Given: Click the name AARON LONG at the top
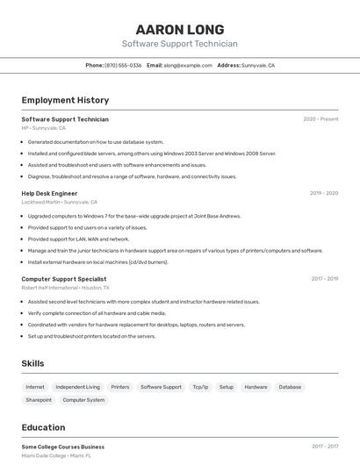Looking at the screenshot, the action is (180, 29).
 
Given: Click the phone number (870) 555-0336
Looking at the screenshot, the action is (123, 65).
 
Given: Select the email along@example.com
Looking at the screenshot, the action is (188, 65).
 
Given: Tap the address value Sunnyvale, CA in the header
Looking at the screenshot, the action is (258, 65).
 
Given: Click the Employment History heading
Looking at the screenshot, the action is (65, 100).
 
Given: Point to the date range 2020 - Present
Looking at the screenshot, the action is (320, 119).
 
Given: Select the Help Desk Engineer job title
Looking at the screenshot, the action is (49, 193).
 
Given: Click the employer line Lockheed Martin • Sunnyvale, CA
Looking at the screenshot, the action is (60, 202).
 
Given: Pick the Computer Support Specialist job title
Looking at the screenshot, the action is (64, 279).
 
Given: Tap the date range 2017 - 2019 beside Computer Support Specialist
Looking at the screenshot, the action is (325, 279).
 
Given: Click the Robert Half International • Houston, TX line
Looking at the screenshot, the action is (66, 288).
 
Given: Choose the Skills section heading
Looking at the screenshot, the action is (32, 363).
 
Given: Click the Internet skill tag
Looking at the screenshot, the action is (35, 387).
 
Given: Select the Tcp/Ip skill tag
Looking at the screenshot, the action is (200, 387).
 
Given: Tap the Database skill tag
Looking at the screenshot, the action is (290, 387).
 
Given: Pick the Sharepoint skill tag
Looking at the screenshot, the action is (39, 400).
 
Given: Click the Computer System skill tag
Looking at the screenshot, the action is (83, 400).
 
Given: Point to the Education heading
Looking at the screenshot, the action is (43, 428).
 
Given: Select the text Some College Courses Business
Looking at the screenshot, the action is (62, 447).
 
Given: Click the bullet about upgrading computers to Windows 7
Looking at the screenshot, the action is (133, 216).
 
